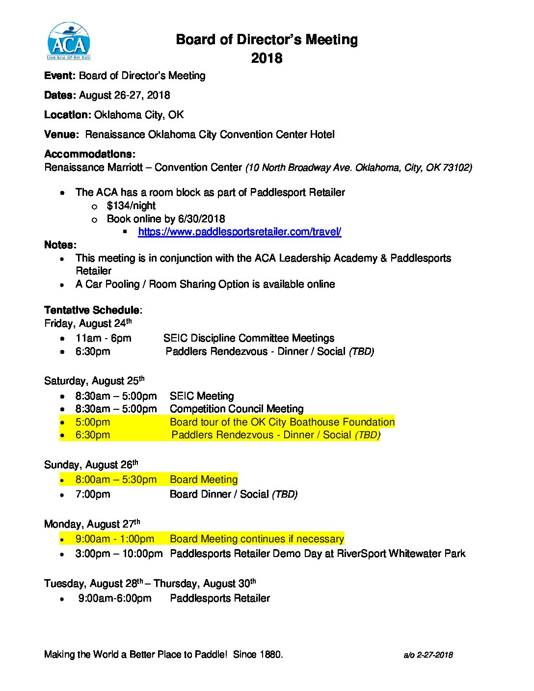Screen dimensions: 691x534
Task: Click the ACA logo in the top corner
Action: pyautogui.click(x=69, y=41)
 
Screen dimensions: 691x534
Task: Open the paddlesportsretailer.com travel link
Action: pyautogui.click(x=240, y=232)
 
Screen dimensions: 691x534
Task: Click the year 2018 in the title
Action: pyautogui.click(x=267, y=58)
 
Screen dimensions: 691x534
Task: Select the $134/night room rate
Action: pyautogui.click(x=131, y=206)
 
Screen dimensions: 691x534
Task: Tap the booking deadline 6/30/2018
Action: pyautogui.click(x=202, y=219)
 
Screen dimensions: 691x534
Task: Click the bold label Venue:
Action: pyautogui.click(x=61, y=134)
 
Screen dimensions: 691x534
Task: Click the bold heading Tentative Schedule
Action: pyautogui.click(x=92, y=310)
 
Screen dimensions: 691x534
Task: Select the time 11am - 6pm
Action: pyautogui.click(x=104, y=338)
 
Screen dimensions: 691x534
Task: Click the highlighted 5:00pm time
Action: pyautogui.click(x=93, y=422)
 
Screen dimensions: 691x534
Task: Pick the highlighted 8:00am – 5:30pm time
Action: pyautogui.click(x=116, y=479)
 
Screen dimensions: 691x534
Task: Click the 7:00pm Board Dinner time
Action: pyautogui.click(x=93, y=494)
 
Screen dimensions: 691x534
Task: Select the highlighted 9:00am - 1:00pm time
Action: pyautogui.click(x=115, y=539)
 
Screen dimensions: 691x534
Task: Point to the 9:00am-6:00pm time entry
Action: pyautogui.click(x=115, y=598)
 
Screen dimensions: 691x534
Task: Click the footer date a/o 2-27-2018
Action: pyautogui.click(x=428, y=655)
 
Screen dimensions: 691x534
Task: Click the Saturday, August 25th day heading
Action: pyautogui.click(x=94, y=381)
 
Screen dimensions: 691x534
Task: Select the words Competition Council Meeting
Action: pyautogui.click(x=237, y=409)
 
